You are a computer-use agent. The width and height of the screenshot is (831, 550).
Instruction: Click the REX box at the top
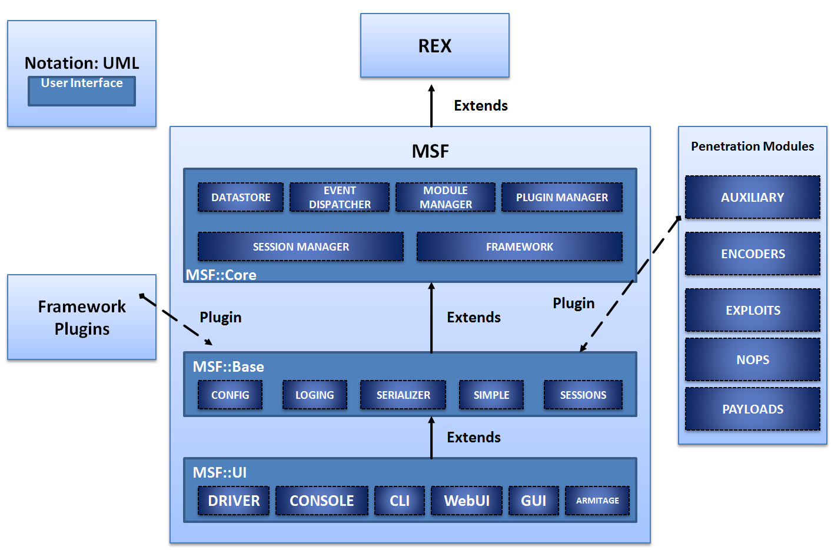pos(434,46)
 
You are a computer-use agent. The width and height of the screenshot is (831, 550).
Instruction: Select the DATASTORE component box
pos(241,198)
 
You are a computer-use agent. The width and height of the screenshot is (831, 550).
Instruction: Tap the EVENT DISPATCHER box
pos(340,198)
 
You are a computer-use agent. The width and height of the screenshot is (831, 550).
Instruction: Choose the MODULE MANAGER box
pos(446,198)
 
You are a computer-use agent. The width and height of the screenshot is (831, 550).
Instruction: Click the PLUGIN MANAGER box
pos(562,198)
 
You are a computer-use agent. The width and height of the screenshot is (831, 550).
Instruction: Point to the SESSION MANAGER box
pos(301,247)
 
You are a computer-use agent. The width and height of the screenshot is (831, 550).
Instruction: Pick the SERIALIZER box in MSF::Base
pos(403,395)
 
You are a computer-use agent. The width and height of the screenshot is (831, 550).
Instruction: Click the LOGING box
pos(314,395)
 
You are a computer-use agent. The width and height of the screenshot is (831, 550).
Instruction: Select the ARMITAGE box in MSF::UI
pos(597,501)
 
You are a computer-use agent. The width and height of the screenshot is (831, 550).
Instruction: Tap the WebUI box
pos(467,501)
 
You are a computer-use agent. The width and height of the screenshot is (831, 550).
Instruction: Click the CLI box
pos(400,501)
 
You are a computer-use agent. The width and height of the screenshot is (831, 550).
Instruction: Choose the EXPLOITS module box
pos(753,311)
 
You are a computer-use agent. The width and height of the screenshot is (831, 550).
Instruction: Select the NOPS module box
pos(753,360)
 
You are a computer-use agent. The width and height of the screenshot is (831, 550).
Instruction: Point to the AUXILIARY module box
pos(753,198)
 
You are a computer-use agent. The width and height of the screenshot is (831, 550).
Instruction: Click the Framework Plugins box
pos(82,318)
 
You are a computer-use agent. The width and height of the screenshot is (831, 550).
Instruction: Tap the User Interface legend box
pos(82,91)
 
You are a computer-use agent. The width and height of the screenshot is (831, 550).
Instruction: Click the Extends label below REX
pos(481,106)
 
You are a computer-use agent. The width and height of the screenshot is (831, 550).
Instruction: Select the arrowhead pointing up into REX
pos(431,88)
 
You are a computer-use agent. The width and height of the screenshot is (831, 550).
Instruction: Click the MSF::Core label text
pos(221,275)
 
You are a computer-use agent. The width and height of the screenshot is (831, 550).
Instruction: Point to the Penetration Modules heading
pos(752,146)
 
